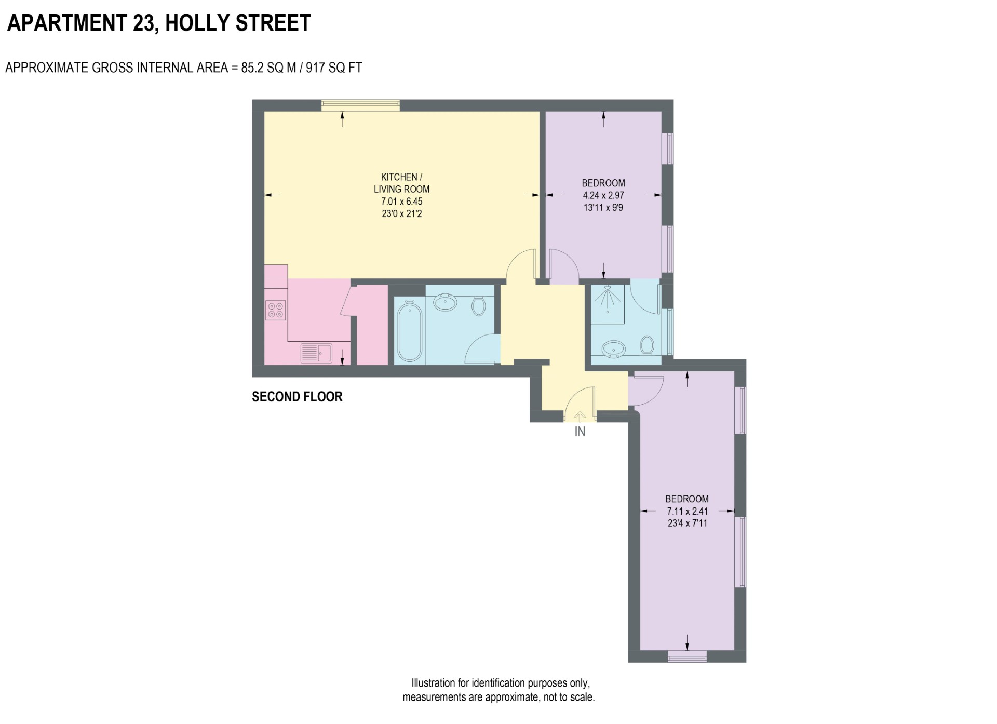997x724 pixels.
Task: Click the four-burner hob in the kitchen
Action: (275, 311)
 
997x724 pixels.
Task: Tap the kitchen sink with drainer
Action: (316, 353)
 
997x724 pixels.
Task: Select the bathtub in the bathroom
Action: (409, 332)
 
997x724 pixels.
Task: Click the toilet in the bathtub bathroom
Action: (478, 306)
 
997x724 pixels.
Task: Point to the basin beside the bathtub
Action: (445, 302)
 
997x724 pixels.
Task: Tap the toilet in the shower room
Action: (647, 345)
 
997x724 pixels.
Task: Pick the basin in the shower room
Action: (614, 350)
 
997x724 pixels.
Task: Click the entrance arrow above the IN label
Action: (580, 415)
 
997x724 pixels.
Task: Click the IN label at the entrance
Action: (580, 432)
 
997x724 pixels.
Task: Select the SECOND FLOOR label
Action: (297, 397)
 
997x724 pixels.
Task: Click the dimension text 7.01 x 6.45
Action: (402, 202)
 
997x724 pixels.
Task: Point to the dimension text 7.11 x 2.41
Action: (687, 511)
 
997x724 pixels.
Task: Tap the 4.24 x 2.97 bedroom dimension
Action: (603, 195)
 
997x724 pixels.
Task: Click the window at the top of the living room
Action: (360, 105)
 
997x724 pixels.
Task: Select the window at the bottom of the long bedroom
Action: (687, 656)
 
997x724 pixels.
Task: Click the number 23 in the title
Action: (145, 23)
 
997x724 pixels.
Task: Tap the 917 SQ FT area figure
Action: (334, 68)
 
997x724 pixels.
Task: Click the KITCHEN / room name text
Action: (401, 177)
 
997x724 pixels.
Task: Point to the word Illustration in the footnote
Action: (433, 683)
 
